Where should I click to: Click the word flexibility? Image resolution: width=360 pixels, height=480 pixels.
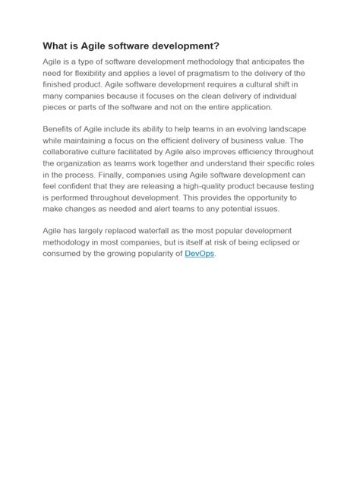[x=92, y=73]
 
